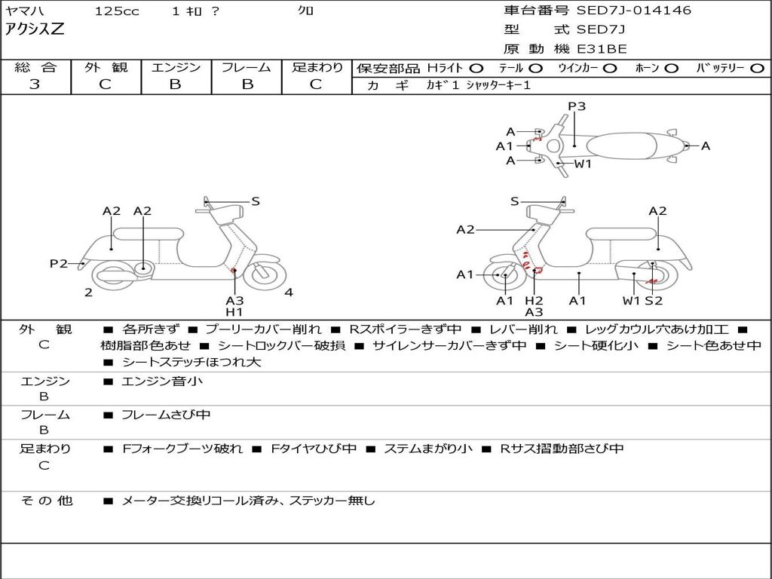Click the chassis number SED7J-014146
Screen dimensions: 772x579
click(x=633, y=11)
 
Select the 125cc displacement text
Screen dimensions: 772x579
click(x=117, y=11)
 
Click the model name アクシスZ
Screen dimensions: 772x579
click(x=35, y=29)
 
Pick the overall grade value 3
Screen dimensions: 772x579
click(x=35, y=84)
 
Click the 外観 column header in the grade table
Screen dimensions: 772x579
click(x=106, y=67)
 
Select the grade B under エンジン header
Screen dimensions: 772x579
click(x=175, y=84)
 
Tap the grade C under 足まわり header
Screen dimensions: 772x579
click(x=316, y=84)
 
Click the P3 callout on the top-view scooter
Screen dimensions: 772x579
click(x=577, y=106)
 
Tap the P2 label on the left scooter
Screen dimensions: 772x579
click(x=59, y=263)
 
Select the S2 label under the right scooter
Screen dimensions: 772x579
click(x=654, y=301)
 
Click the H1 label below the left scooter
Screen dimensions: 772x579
click(x=234, y=312)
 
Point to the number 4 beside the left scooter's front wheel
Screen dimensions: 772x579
click(x=289, y=293)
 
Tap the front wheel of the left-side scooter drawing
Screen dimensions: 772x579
click(x=263, y=274)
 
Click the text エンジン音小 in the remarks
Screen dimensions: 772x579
click(x=162, y=381)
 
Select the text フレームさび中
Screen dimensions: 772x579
click(x=166, y=415)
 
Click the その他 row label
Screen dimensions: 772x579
click(x=46, y=500)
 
